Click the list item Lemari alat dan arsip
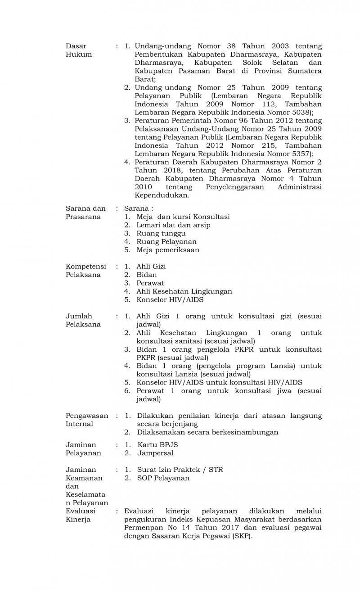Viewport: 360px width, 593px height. click(173, 225)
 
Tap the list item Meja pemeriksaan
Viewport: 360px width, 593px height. click(168, 250)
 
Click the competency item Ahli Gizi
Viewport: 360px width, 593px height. click(151, 267)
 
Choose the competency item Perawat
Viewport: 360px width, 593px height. click(150, 283)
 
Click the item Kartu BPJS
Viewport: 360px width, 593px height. click(157, 444)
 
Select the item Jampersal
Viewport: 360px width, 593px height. click(155, 453)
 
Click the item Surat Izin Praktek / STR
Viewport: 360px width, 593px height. click(180, 470)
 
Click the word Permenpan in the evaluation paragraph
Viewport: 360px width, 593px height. click(143, 528)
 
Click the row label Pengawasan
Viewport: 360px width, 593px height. click(87, 416)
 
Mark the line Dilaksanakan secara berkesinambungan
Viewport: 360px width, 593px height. click(207, 432)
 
